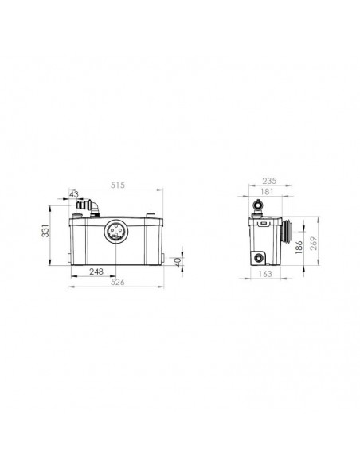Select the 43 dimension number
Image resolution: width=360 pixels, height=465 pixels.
74,193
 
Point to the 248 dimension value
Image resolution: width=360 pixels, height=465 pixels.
96,272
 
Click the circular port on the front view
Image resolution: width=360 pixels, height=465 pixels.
115,232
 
